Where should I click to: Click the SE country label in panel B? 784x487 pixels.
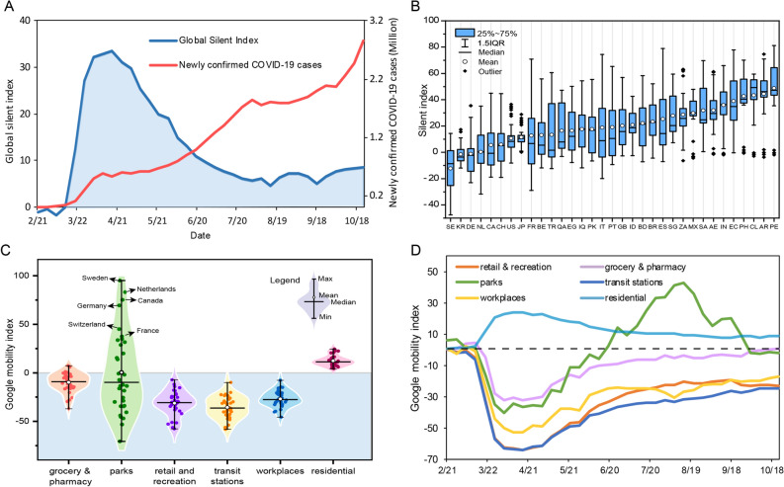click(450, 225)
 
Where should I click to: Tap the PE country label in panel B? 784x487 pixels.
click(774, 225)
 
